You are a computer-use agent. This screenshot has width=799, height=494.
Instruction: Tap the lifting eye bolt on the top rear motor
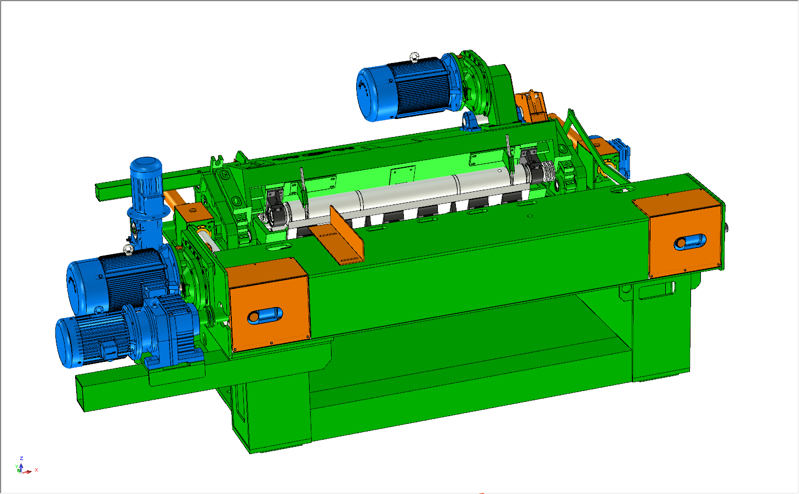415,56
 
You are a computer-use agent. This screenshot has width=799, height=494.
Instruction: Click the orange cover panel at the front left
269,304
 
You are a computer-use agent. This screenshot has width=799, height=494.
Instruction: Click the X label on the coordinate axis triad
36,470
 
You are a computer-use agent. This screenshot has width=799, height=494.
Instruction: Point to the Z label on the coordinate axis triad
21,458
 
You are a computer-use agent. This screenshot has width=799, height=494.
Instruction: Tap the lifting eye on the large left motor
128,250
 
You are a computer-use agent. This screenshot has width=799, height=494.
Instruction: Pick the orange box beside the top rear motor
530,106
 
